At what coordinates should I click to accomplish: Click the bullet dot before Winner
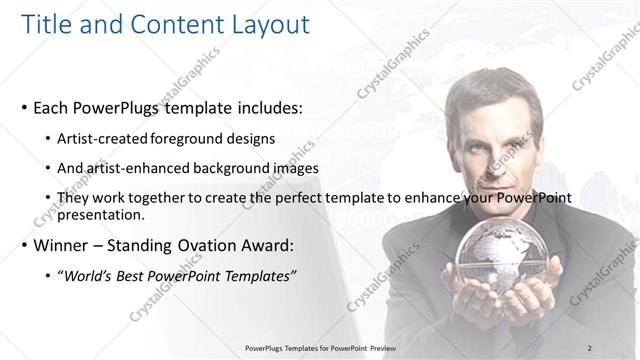coord(24,243)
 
